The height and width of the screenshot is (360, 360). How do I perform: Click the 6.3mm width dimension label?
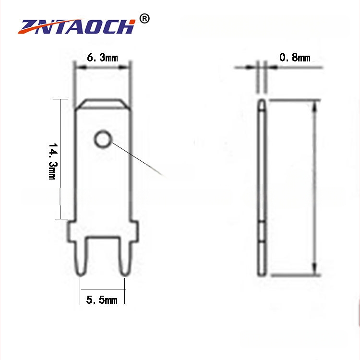click(102, 58)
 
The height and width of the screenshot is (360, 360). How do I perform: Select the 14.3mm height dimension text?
click(53, 161)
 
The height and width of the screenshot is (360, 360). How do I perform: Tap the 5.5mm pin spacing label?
click(102, 300)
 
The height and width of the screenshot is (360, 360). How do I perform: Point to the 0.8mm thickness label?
click(295, 58)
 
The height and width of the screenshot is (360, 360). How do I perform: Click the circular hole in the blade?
click(103, 139)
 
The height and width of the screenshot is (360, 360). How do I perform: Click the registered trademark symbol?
click(144, 19)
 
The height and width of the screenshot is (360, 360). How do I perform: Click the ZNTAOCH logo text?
click(77, 26)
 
